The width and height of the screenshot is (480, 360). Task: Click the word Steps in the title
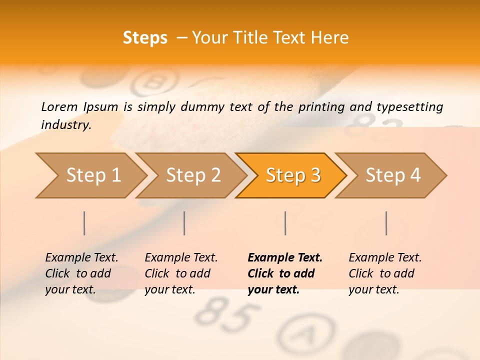(145, 38)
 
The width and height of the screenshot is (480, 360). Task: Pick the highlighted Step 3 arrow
(293, 175)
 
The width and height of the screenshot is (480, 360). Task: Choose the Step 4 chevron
(393, 175)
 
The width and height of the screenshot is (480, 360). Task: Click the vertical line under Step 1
(84, 223)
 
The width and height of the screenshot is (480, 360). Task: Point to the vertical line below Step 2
(184, 223)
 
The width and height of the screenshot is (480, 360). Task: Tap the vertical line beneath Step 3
(285, 223)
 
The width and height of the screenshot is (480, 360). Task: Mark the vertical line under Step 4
(386, 223)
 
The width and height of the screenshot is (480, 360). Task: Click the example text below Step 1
(81, 273)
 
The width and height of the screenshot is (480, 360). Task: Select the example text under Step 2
(180, 273)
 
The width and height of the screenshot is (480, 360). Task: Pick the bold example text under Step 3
(284, 273)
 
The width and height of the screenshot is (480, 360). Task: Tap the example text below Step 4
(384, 273)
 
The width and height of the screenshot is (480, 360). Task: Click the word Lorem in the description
(59, 106)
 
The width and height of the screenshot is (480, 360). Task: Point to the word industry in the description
(65, 124)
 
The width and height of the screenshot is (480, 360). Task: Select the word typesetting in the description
(409, 107)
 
